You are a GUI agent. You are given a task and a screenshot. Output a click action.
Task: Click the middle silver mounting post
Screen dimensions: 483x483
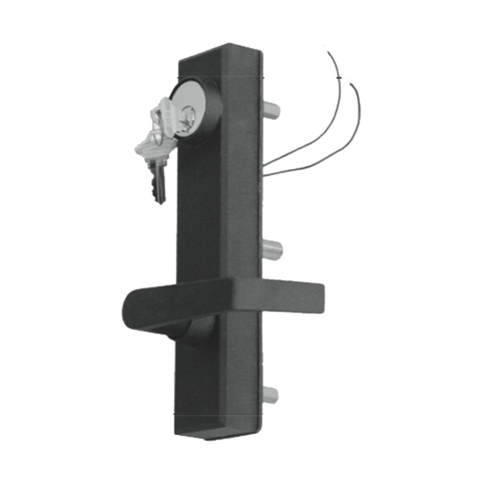(274, 250)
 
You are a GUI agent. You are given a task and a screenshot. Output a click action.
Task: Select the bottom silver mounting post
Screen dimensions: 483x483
(271, 393)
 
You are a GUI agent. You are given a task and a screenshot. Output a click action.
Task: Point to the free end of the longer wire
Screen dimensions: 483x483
(329, 53)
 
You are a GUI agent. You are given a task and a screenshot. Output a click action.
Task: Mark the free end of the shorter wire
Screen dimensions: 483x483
(351, 84)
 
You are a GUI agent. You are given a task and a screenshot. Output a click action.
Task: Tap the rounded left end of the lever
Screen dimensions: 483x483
(129, 309)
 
